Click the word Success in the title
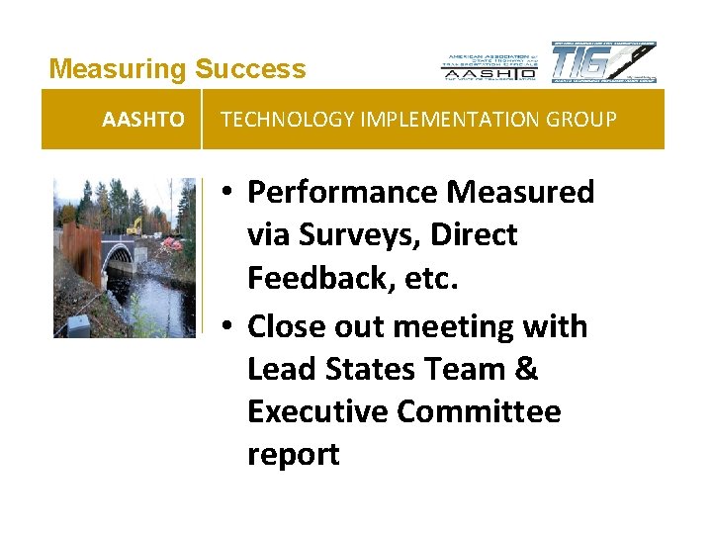click(250, 69)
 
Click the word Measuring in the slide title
click(118, 69)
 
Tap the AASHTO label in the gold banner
click(142, 120)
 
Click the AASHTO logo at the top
click(489, 65)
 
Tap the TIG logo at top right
click(602, 62)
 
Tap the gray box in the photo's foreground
click(78, 323)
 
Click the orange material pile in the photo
click(172, 242)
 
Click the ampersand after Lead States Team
click(526, 369)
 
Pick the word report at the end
click(293, 454)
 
